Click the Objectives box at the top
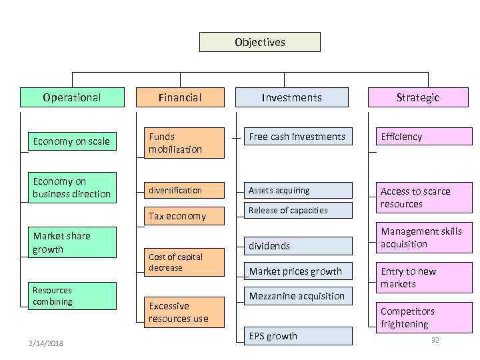point(260,42)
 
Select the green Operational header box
point(72,97)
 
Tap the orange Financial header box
point(180,97)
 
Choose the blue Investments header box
point(291,97)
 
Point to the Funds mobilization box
point(185,143)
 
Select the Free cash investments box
point(297,137)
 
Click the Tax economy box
point(185,216)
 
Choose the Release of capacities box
point(297,210)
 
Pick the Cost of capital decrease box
point(185,262)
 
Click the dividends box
point(297,246)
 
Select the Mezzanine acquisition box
point(297,296)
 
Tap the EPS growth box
point(297,336)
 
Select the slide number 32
point(435,340)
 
